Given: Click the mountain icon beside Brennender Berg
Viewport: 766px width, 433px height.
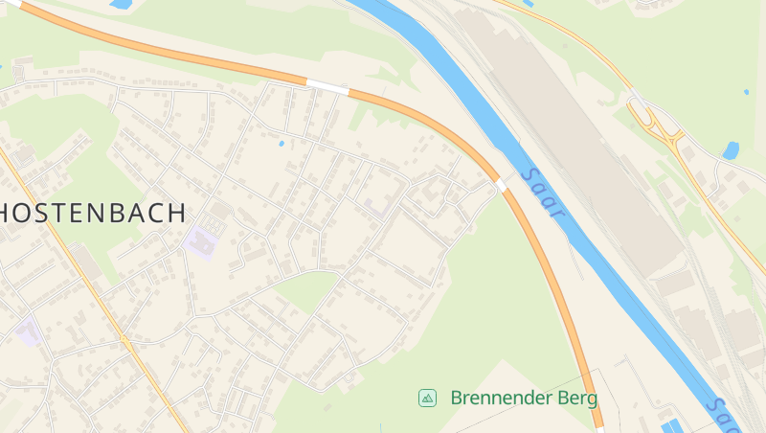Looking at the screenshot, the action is point(427,398).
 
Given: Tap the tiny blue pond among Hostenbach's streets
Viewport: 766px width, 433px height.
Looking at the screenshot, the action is point(282,144).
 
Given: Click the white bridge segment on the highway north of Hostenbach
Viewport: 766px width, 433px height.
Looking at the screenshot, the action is point(327,87).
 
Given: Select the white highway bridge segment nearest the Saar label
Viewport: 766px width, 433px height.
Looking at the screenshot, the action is point(500,184).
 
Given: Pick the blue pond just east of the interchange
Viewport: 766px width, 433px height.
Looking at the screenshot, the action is point(732,150).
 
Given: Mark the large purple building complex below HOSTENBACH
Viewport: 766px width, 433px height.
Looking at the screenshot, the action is point(202,242).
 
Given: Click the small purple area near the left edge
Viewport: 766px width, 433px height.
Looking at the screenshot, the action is point(28,331).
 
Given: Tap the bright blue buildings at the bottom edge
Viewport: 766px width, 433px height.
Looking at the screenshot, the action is point(676,425).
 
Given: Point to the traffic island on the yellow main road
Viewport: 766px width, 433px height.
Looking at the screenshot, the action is point(125,340).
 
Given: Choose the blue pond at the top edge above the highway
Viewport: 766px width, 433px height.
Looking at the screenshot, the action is point(121,5).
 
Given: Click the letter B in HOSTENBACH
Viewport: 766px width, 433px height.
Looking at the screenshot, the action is point(105,213).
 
